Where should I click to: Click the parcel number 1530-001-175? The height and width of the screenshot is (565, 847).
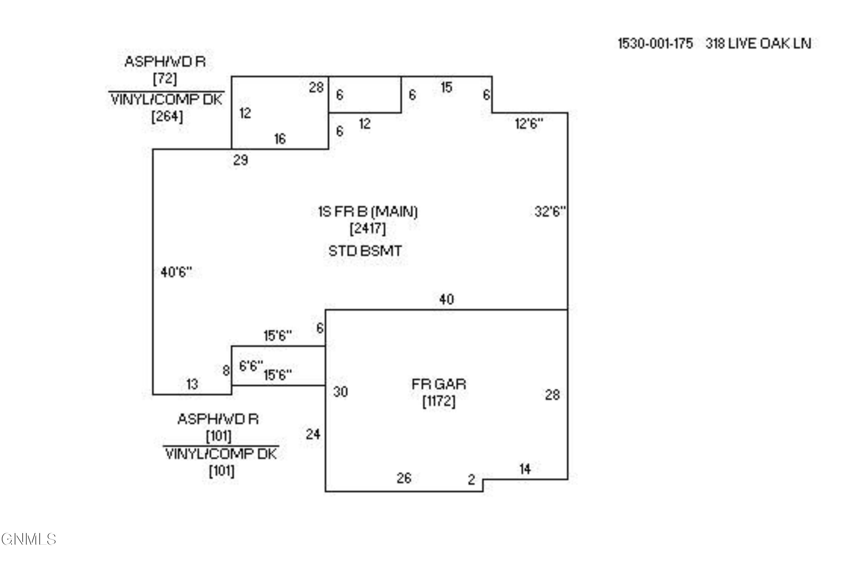[x=655, y=44]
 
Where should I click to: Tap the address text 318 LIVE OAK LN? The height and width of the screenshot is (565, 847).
[x=758, y=44]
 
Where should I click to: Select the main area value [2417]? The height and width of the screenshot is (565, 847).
[x=367, y=228]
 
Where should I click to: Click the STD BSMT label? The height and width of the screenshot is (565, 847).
[x=365, y=251]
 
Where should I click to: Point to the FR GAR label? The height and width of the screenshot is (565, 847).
[x=439, y=384]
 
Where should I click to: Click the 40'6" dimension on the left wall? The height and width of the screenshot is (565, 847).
[x=176, y=272]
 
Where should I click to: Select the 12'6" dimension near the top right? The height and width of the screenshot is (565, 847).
[x=529, y=124]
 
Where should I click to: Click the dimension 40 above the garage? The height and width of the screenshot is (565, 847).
[x=447, y=299]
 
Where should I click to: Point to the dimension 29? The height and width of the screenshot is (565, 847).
[x=241, y=160]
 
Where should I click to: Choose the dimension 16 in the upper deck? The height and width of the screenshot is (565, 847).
[x=280, y=139]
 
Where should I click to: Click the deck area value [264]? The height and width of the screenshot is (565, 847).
[x=167, y=116]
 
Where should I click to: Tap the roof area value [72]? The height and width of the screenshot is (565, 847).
[x=165, y=79]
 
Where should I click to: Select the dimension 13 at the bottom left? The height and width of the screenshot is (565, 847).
[x=192, y=384]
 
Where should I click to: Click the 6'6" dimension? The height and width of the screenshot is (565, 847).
[x=251, y=366]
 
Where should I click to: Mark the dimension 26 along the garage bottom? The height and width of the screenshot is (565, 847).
[x=404, y=478]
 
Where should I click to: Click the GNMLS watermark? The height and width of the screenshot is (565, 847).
[x=29, y=539]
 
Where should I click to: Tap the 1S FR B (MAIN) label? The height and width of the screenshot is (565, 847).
[x=368, y=212]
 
